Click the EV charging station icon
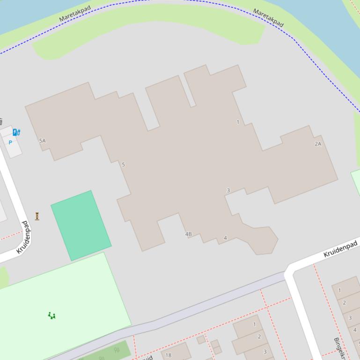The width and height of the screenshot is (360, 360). pyautogui.click(x=16, y=132)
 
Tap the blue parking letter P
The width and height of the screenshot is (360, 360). pyautogui.click(x=10, y=143)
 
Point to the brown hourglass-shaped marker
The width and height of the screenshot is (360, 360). pyautogui.click(x=37, y=216)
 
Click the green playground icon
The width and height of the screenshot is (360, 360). pyautogui.click(x=51, y=316)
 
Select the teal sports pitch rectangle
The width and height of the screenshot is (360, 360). pyautogui.click(x=81, y=225)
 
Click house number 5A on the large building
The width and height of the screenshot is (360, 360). pyautogui.click(x=43, y=141)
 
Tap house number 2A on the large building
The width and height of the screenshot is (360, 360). pyautogui.click(x=318, y=144)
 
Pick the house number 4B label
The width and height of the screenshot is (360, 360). pyautogui.click(x=188, y=234)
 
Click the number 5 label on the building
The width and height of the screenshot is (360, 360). pyautogui.click(x=124, y=165)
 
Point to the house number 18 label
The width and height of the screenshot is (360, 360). pyautogui.click(x=169, y=355)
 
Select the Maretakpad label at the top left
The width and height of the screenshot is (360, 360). pyautogui.click(x=75, y=13)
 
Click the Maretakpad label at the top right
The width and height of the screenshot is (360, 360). pyautogui.click(x=268, y=17)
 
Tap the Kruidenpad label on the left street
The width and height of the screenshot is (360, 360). pyautogui.click(x=25, y=238)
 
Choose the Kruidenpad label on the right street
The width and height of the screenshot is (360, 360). pyautogui.click(x=340, y=249)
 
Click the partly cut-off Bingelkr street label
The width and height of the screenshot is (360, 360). pyautogui.click(x=339, y=348)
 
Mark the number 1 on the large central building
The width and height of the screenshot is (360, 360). pyautogui.click(x=238, y=122)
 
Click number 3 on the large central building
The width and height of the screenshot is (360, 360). pyautogui.click(x=228, y=190)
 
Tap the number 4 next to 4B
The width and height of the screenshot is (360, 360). pyautogui.click(x=225, y=238)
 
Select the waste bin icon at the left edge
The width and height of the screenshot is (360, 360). pyautogui.click(x=1, y=122)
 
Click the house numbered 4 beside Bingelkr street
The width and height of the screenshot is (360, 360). pyautogui.click(x=355, y=330)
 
